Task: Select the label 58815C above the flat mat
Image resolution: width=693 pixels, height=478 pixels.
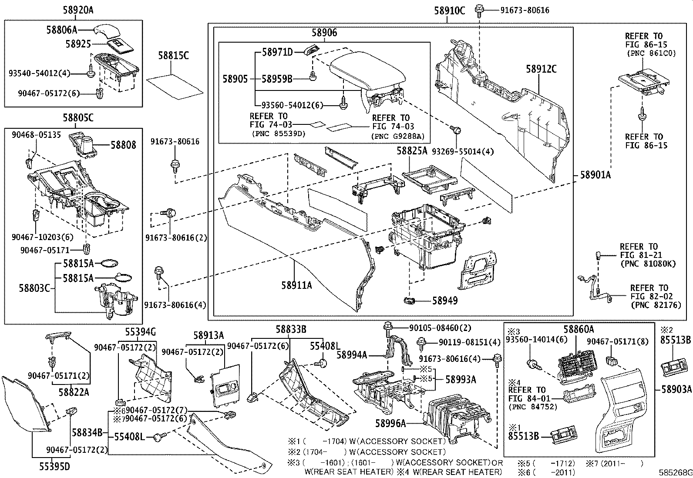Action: click(173, 56)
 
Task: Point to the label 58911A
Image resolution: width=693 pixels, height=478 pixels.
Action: click(296, 285)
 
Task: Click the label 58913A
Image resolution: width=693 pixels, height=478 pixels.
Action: click(209, 335)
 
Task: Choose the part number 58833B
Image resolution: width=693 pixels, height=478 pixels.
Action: click(291, 330)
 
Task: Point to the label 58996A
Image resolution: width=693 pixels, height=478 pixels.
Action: click(390, 422)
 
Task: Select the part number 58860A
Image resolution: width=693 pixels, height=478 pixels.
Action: click(579, 330)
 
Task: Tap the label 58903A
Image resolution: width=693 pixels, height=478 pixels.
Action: click(676, 388)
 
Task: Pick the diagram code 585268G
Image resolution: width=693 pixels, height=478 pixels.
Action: click(675, 472)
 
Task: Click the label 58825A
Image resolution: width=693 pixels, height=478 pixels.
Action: click(411, 151)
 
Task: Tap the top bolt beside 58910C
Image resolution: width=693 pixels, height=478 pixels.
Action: click(479, 8)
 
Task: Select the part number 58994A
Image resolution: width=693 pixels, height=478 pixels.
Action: click(352, 355)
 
